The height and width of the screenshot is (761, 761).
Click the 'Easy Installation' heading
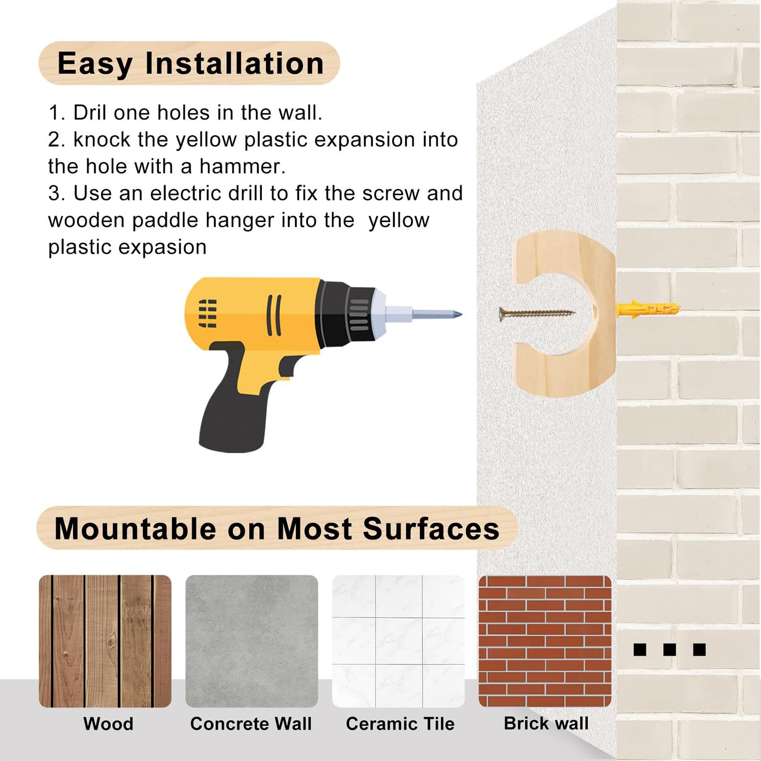[190, 64]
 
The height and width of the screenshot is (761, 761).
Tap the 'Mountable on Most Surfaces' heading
[277, 529]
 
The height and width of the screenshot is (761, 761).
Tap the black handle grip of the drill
[233, 414]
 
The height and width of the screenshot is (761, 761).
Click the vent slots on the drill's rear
[208, 313]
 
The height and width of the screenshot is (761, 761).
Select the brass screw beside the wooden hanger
[537, 314]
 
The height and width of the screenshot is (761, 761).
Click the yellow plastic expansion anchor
[648, 309]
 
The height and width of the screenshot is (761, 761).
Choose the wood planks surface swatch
[105, 641]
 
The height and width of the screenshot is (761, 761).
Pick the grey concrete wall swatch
[251, 641]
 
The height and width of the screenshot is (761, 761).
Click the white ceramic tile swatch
[398, 641]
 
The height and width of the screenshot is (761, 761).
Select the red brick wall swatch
[545, 641]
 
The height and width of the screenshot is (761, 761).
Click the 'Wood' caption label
[108, 724]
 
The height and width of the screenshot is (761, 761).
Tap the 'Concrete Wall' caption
[251, 724]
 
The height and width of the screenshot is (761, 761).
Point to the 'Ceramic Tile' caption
[400, 724]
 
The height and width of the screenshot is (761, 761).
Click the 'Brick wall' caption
[546, 723]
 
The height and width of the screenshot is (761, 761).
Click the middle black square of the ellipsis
[670, 649]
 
